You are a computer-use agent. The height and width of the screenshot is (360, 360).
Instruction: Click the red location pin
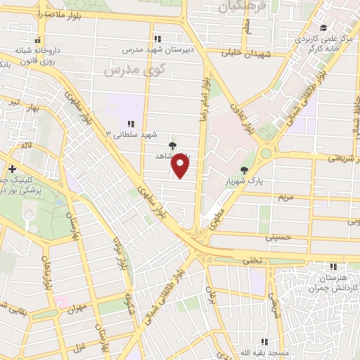(182, 166)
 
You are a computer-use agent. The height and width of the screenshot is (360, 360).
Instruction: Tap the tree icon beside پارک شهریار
(243, 170)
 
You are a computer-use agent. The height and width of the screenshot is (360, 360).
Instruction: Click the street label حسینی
(276, 238)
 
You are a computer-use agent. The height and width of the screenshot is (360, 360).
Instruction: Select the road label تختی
(252, 260)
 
